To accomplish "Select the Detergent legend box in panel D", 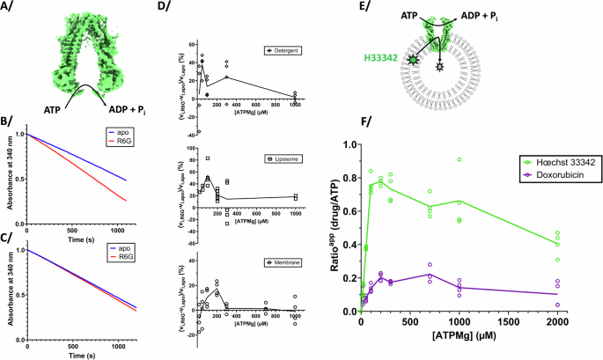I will (281, 52).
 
